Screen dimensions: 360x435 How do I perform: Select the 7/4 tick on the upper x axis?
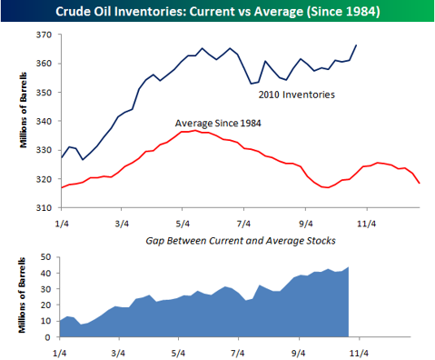[x=243, y=221]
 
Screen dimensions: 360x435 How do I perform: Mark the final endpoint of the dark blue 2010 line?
[x=357, y=45]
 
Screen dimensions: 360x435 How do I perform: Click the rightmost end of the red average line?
[x=420, y=184]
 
